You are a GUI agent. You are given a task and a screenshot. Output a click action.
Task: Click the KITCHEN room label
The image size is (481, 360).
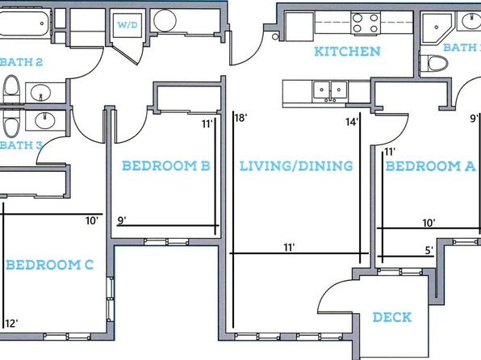[x=347, y=51]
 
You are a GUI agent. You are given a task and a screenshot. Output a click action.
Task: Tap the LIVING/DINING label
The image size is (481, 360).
[x=296, y=166]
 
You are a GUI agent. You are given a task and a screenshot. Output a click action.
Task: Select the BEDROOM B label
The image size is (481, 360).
[x=166, y=165]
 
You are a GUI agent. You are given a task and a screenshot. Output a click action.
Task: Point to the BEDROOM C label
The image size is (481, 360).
[x=50, y=265]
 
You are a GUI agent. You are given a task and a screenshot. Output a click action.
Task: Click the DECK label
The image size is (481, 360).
[x=392, y=317]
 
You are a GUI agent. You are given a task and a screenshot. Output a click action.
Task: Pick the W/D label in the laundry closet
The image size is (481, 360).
[x=128, y=25]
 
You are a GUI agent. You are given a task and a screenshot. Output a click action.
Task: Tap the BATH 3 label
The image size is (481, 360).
[x=21, y=145]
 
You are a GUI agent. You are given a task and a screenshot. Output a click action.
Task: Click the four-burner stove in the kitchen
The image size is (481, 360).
[x=366, y=23]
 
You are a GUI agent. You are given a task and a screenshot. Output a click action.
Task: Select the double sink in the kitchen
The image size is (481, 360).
[x=330, y=91]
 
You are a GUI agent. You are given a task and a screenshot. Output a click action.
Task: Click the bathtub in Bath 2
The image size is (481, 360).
[x=24, y=23]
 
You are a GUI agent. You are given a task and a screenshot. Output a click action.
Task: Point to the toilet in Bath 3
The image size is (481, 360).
[x=11, y=123]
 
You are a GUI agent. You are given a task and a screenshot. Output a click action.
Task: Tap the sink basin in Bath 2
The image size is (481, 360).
[x=41, y=92]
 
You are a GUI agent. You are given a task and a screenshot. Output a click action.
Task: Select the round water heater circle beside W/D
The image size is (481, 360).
[x=165, y=20]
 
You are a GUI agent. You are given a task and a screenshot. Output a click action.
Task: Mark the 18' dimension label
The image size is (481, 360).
[x=241, y=117]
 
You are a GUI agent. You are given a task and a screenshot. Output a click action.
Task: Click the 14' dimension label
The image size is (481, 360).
[x=352, y=122]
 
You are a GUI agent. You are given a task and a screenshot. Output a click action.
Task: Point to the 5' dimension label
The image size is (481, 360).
[x=429, y=250]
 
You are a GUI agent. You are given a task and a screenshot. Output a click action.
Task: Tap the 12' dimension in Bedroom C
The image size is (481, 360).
[x=11, y=323]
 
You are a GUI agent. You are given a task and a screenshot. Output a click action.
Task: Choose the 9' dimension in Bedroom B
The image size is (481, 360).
[x=122, y=220]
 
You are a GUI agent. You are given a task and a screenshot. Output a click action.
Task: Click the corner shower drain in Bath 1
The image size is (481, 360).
[x=437, y=27]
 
